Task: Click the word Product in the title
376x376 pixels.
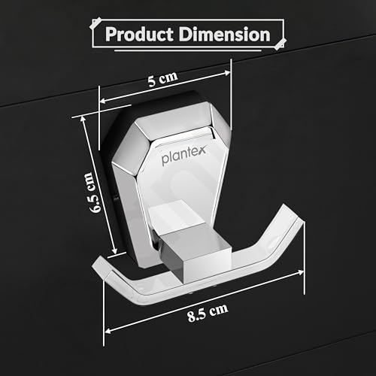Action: (x=139, y=35)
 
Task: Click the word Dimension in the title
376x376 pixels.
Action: (x=225, y=34)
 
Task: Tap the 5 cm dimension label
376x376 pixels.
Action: (x=162, y=79)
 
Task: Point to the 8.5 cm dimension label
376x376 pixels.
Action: (x=208, y=313)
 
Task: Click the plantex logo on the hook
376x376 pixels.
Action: (x=183, y=155)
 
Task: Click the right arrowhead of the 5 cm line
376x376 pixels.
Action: (x=227, y=73)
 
